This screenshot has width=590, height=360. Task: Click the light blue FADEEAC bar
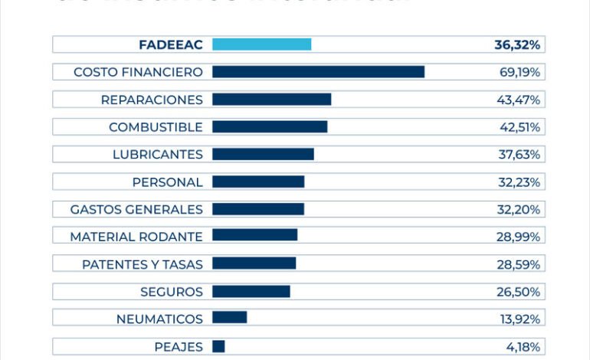(x=261, y=44)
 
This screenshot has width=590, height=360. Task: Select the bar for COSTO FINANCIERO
(x=318, y=72)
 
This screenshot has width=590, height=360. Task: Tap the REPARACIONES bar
(x=271, y=100)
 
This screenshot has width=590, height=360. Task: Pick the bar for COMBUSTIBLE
(x=270, y=127)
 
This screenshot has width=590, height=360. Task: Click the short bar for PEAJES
(x=218, y=347)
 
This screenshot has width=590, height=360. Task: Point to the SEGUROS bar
(x=251, y=292)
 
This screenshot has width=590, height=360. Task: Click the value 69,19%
(x=519, y=72)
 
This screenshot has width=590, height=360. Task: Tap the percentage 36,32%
(x=517, y=44)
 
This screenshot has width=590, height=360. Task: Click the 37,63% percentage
(x=519, y=155)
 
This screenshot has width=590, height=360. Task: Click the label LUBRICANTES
(x=157, y=155)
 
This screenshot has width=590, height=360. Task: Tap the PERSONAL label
(x=167, y=182)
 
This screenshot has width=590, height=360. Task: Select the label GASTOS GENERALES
(x=136, y=210)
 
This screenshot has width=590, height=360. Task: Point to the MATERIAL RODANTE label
(x=136, y=237)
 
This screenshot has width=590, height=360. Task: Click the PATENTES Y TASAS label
(x=142, y=264)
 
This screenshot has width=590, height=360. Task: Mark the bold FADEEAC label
(x=171, y=44)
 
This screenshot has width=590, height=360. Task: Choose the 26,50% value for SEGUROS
(x=519, y=292)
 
